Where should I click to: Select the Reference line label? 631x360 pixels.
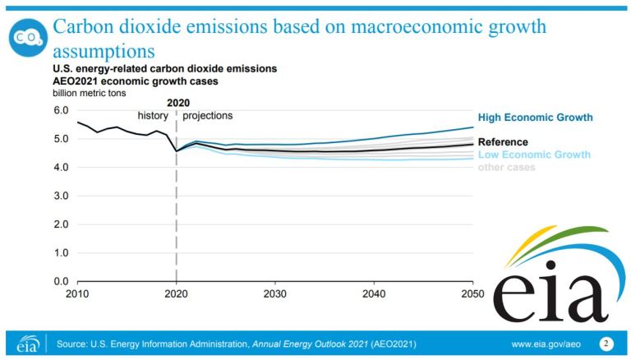pos(503,142)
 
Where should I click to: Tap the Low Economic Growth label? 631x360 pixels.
pos(534,155)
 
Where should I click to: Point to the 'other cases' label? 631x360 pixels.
pos(506,168)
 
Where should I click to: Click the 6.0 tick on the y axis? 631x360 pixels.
pos(60,110)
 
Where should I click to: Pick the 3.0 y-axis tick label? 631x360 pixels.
pos(60,196)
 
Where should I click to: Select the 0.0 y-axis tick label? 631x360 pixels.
pos(60,281)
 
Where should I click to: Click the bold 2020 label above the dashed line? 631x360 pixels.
pos(177,103)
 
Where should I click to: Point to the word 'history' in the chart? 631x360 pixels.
pos(153,116)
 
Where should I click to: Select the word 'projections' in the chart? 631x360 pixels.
pos(207,116)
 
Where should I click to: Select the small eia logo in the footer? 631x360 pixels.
pos(27,343)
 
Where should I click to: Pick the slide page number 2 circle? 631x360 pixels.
pos(607,343)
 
